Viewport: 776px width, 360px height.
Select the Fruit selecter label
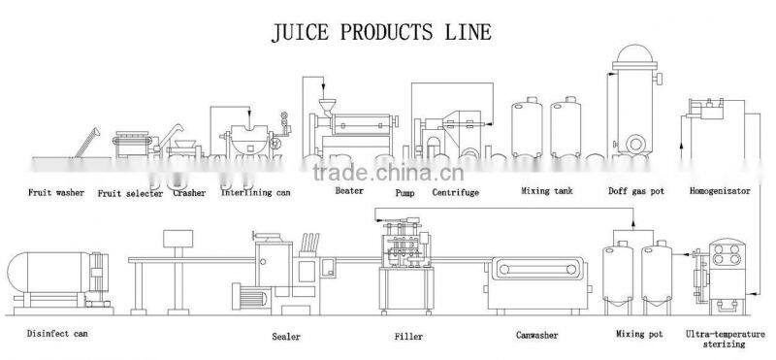point(131,194)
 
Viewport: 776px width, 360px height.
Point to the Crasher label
point(189,193)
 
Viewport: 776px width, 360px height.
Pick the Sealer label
point(287,338)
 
